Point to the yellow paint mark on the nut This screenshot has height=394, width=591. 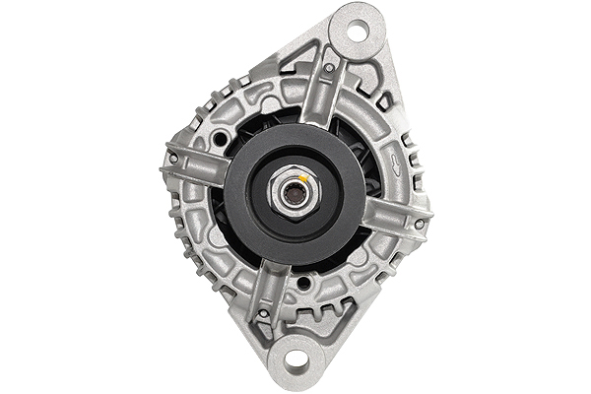pyautogui.click(x=307, y=180)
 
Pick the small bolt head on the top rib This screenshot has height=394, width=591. pyautogui.click(x=328, y=68)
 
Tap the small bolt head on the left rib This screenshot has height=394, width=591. pyautogui.click(x=173, y=159)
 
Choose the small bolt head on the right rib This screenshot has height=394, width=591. pyautogui.click(x=419, y=224)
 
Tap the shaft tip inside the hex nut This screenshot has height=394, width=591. pyautogui.click(x=293, y=192)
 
